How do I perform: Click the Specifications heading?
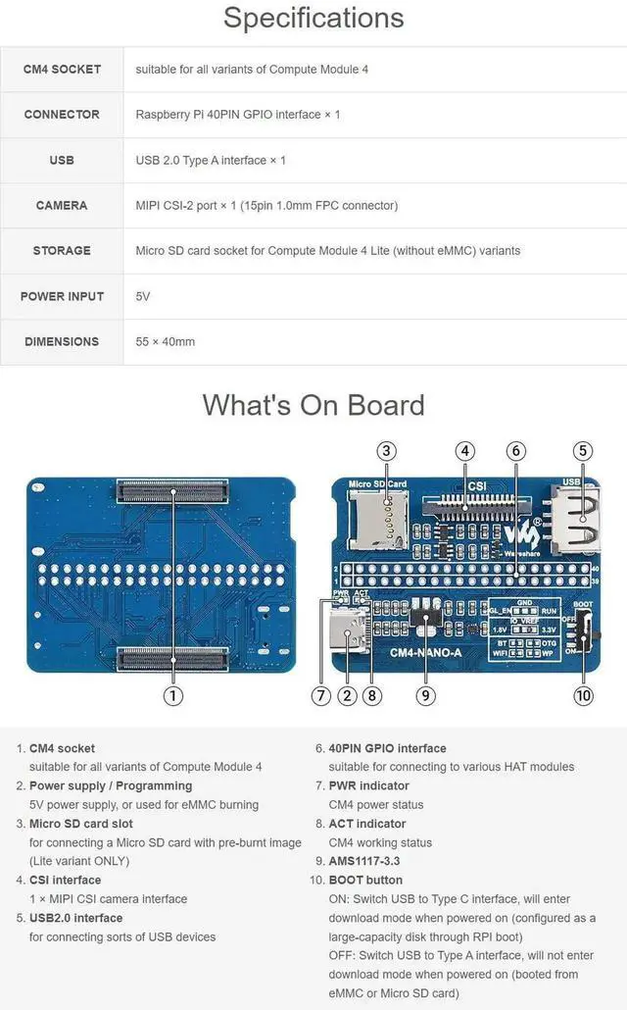(x=313, y=18)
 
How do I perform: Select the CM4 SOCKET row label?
(x=62, y=70)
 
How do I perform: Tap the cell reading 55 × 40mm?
(x=166, y=341)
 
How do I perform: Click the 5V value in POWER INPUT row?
(x=143, y=296)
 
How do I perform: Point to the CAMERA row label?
(x=62, y=205)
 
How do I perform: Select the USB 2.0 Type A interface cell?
(x=211, y=160)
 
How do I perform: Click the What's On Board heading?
(x=313, y=405)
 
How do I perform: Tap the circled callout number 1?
(x=172, y=695)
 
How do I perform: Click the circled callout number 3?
(x=387, y=451)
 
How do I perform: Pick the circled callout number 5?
(x=583, y=451)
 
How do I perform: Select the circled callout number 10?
(x=584, y=695)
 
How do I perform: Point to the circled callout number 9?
(x=425, y=695)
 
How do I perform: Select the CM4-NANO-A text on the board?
(x=425, y=651)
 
